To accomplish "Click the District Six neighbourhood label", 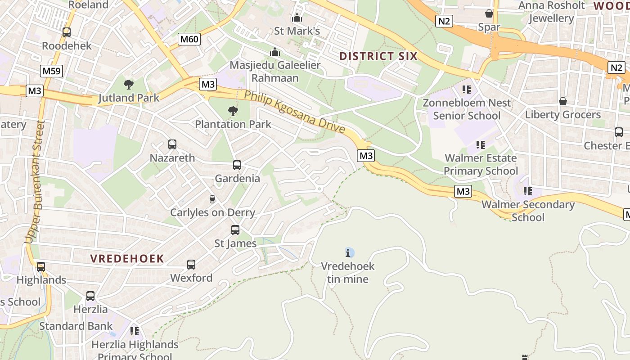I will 378,56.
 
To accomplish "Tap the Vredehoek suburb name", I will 127,259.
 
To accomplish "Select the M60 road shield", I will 189,39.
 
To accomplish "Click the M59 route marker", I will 52,71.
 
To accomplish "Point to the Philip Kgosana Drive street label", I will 295,112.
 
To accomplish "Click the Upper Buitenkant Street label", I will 35,182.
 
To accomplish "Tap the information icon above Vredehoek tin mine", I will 348,252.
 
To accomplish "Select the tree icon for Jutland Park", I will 129,84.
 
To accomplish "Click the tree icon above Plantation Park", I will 233,111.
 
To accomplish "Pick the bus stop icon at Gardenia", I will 237,165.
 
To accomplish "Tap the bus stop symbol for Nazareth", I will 172,144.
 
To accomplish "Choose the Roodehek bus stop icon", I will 67,32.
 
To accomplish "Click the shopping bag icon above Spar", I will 489,14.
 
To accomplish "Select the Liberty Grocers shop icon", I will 562,101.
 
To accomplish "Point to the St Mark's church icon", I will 297,18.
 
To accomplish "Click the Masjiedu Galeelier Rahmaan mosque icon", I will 275,52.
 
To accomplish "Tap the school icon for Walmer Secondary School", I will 528,191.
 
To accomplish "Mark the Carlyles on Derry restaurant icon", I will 212,199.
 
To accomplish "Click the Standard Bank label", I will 76,326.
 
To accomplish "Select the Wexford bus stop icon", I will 191,265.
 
